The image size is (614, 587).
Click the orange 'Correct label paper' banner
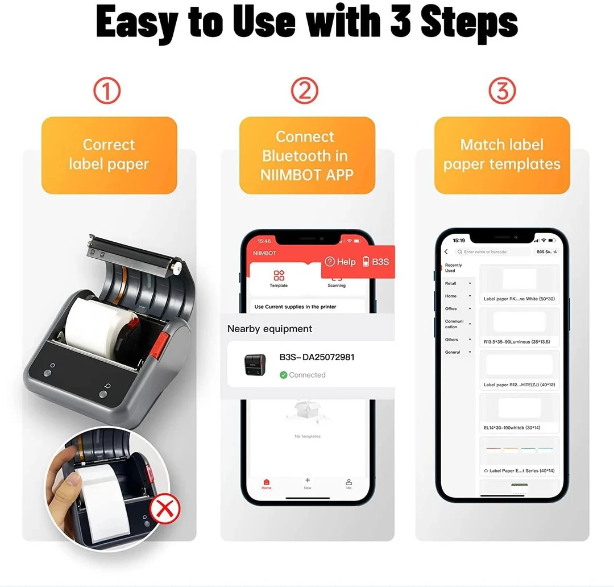coord(109,155)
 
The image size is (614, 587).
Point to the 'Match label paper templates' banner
coord(502,155)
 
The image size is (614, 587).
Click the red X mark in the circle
coord(164,509)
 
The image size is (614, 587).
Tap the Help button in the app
coord(340,262)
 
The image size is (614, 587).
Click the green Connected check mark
coord(284,375)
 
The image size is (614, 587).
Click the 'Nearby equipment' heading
coord(269,329)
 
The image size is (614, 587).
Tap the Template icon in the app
coord(279,278)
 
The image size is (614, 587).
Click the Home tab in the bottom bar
coord(267,484)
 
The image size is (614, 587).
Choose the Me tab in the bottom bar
coord(349,484)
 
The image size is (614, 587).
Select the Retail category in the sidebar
coord(451,283)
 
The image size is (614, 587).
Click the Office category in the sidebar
coord(451,309)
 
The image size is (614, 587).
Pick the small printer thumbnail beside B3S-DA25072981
coord(255,365)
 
